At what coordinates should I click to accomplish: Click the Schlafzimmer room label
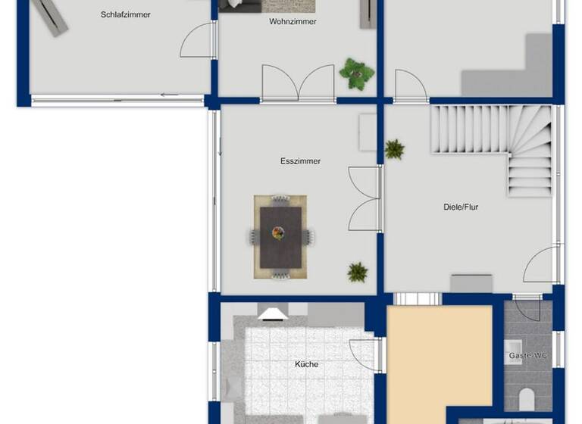click(x=125, y=14)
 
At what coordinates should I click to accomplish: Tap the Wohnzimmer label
click(x=293, y=22)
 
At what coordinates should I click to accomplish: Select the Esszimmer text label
click(x=300, y=161)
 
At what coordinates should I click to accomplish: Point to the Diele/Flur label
click(x=461, y=207)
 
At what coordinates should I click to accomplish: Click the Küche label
click(x=306, y=364)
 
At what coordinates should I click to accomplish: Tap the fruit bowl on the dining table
click(x=279, y=233)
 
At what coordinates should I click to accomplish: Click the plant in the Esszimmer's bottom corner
click(x=358, y=272)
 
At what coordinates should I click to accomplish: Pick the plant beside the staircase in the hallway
click(x=394, y=149)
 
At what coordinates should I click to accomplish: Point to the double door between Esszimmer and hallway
click(x=364, y=198)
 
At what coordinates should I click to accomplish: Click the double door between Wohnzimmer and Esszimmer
click(x=298, y=83)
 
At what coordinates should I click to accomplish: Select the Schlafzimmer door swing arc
click(x=196, y=41)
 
